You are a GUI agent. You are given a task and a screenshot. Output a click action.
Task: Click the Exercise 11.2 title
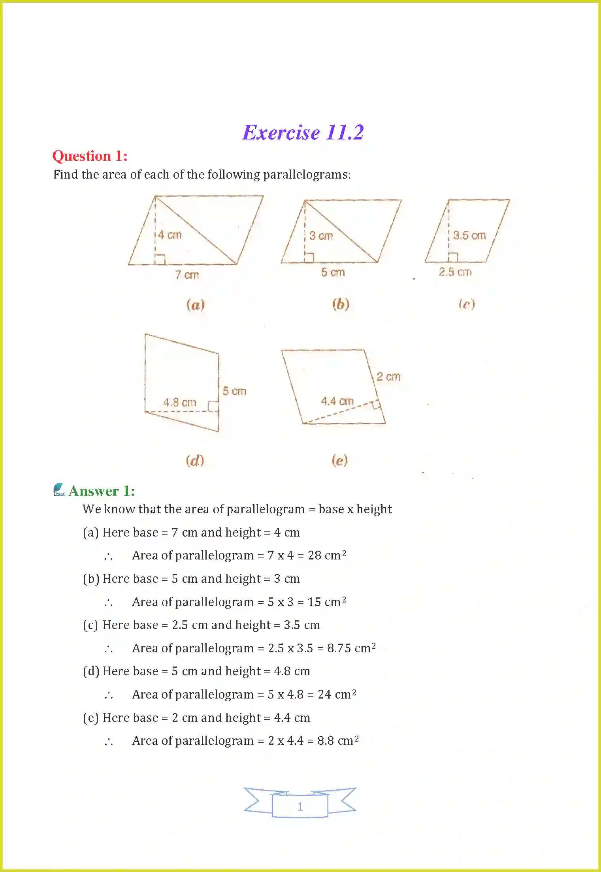[303, 132]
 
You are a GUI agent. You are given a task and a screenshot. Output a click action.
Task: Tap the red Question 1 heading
[90, 156]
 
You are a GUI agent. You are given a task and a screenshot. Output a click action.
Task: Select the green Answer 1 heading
[102, 491]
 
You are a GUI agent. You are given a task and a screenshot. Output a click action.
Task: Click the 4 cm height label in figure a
[170, 235]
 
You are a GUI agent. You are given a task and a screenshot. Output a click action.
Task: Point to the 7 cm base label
[187, 275]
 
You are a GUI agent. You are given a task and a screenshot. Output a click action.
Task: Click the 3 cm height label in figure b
[321, 236]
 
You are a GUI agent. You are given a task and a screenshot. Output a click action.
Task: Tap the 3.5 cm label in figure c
[469, 235]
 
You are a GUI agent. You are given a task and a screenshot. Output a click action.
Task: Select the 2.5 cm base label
[455, 272]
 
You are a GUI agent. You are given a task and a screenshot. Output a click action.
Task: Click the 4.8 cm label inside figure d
[179, 402]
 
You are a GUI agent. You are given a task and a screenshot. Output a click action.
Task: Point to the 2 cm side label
[388, 377]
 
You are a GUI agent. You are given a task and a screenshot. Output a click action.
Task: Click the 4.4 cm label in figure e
[337, 401]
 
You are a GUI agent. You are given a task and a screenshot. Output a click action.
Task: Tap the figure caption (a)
[196, 305]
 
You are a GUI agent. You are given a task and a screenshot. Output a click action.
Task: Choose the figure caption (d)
[195, 460]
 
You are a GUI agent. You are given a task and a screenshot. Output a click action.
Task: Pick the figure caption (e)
[339, 460]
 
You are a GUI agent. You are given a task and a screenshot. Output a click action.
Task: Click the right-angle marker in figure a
[160, 259]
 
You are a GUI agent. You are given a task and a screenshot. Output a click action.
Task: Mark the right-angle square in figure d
[213, 406]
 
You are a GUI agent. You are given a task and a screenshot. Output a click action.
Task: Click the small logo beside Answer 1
[59, 490]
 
